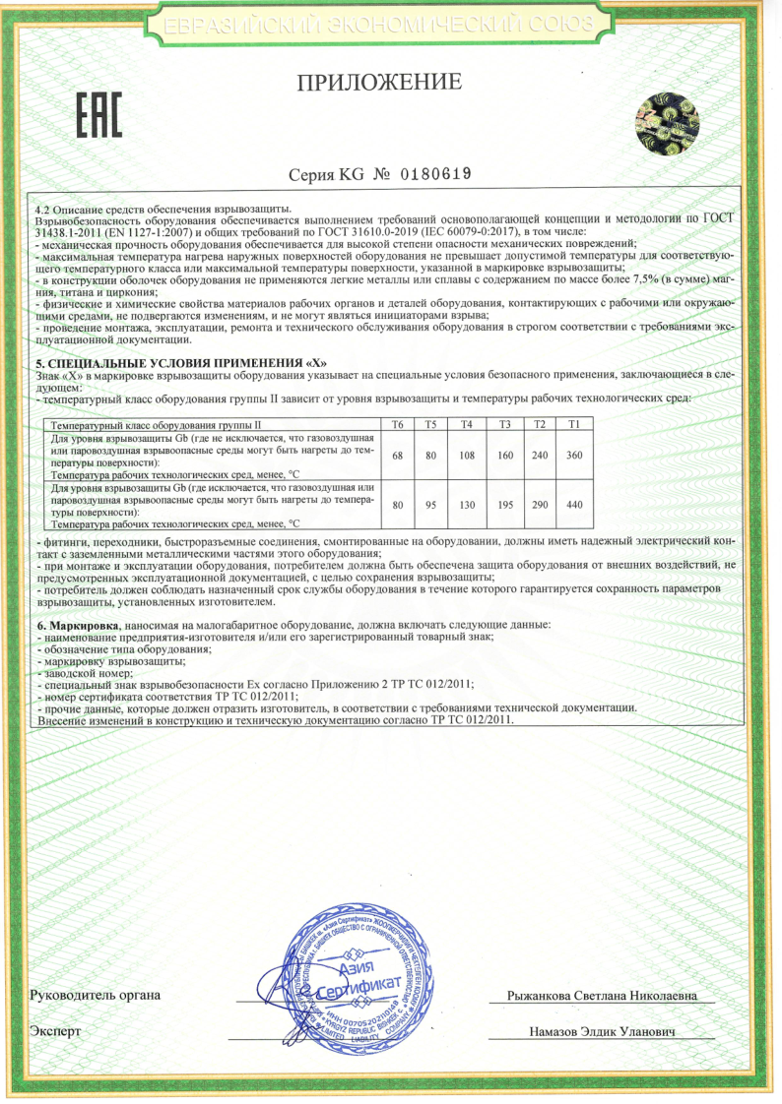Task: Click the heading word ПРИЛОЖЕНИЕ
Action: [x=379, y=83]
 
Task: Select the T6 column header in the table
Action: [x=398, y=424]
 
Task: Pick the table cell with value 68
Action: [x=398, y=455]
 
